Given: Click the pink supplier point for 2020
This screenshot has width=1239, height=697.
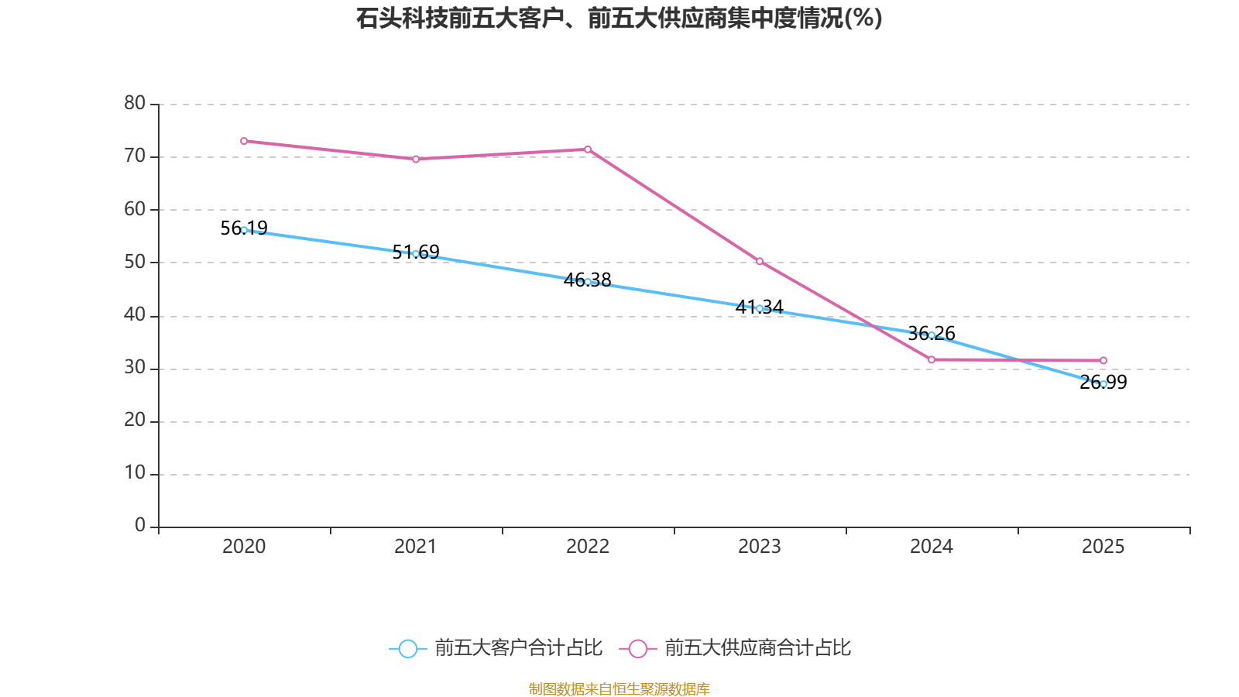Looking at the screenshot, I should pos(244,141).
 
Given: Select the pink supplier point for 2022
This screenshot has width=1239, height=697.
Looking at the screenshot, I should pos(588,149).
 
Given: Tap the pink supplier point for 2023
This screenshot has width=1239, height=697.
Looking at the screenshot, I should pos(760,262).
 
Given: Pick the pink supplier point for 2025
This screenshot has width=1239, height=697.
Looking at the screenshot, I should pos(1103,360).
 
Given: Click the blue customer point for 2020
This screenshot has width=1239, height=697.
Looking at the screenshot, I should pos(244,230).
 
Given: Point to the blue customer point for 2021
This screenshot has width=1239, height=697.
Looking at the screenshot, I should pos(416,254).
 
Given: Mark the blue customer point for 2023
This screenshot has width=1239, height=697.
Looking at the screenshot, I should pos(760,308).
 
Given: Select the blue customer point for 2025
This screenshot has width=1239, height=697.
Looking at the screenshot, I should pos(1103,384).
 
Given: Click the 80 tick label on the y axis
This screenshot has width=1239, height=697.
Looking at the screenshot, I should pos(135,103).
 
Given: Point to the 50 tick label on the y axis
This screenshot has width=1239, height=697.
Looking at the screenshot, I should pos(135,262).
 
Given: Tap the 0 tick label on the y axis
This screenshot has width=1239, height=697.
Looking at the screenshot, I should pos(140,526).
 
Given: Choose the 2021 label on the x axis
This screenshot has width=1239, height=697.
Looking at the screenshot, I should pos(416,547).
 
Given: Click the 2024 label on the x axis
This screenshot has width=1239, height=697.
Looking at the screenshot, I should pos(932,547).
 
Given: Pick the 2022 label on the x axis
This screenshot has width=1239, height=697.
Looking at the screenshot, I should pos(588,547).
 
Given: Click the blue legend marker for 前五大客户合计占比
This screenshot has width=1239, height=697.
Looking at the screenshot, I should pos(407,649).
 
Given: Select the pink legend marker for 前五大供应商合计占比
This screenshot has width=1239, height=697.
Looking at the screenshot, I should pos(637,649).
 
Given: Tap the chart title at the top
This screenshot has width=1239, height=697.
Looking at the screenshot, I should pos(619,18).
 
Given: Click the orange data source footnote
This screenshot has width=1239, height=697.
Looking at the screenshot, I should pos(619,688).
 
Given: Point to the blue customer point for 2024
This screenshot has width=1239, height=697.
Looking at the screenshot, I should pos(932,335).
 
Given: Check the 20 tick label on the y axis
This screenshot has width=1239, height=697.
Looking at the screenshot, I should pos(135,421).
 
